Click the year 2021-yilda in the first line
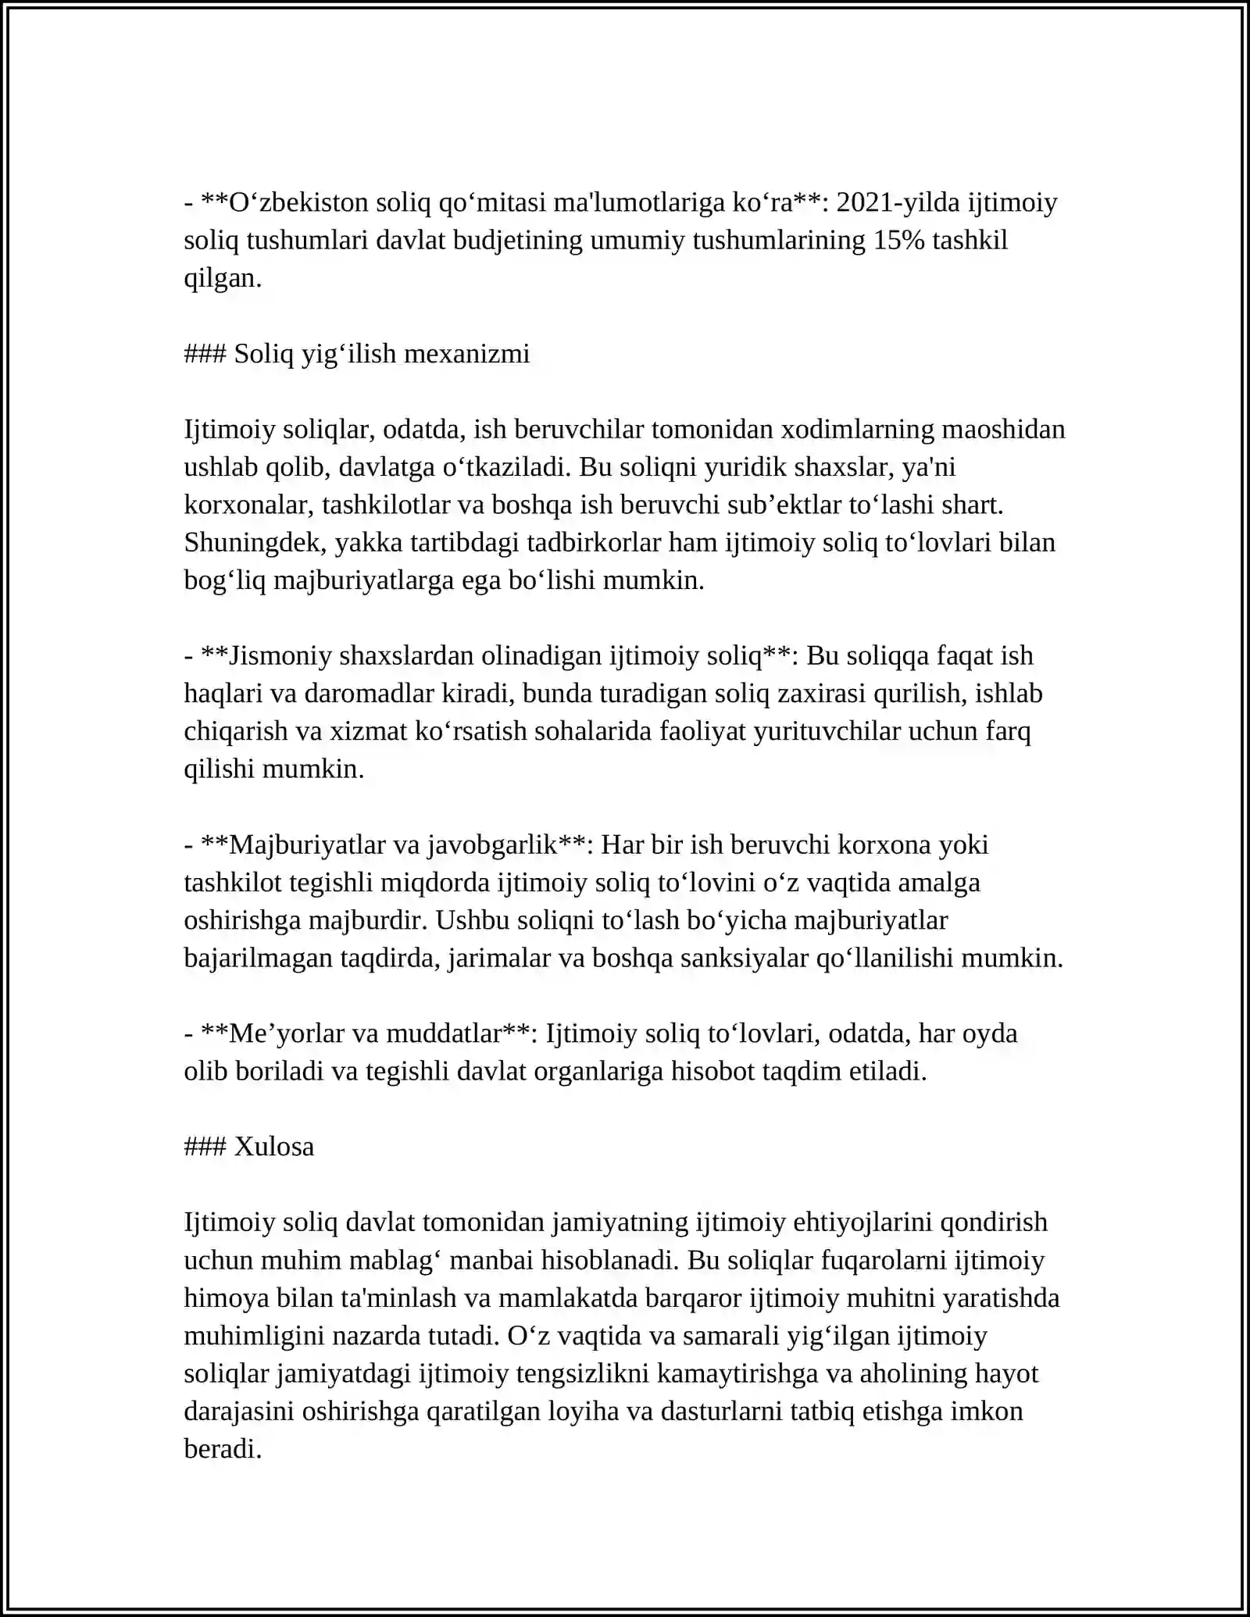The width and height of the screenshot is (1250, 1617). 899,203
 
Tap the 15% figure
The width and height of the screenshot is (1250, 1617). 897,241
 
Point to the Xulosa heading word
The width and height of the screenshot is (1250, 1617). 274,1147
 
